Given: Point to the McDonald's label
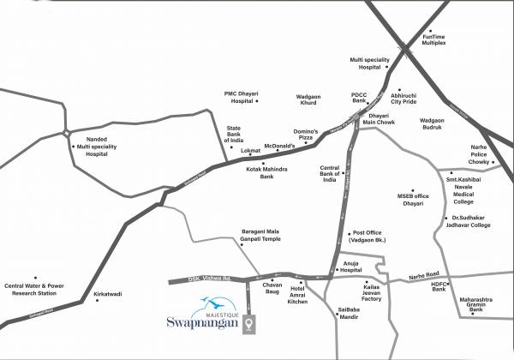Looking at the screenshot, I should pyautogui.click(x=279, y=147).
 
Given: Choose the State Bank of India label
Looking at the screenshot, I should pyautogui.click(x=234, y=135).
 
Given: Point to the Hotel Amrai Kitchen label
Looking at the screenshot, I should pyautogui.click(x=297, y=296).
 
